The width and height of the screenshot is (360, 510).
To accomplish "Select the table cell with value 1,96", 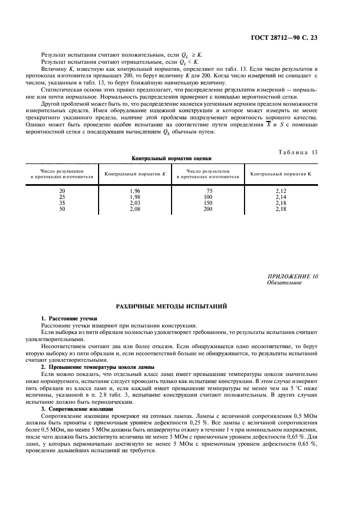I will [136, 191].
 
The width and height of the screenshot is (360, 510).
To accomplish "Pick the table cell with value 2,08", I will [136, 209].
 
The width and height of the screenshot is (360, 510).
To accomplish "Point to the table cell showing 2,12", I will [280, 191].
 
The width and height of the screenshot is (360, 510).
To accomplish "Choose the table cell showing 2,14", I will [280, 197].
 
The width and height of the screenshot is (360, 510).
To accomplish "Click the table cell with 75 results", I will [208, 191].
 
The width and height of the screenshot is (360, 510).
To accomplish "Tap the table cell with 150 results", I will [208, 203].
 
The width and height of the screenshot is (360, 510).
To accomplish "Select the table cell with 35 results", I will [62, 203].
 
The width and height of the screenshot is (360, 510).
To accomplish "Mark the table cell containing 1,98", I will [136, 197].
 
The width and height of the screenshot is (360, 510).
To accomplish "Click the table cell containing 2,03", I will [136, 203].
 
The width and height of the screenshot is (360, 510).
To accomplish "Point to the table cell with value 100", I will [208, 197].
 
